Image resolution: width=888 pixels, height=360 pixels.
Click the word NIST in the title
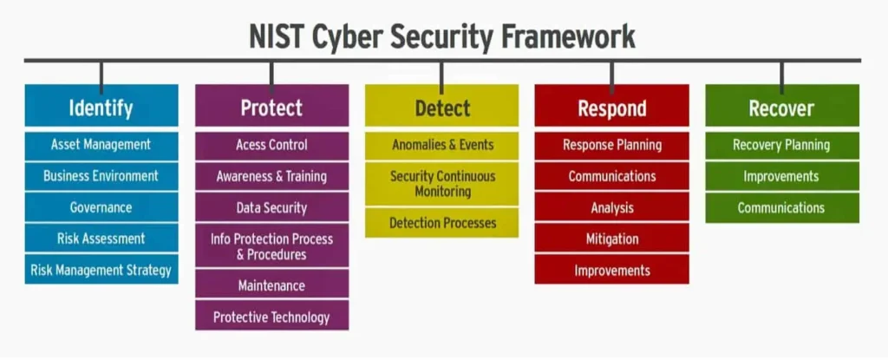[x=273, y=36]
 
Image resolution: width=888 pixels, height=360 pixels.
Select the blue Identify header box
[x=101, y=106]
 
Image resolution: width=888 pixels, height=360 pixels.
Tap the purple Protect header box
[x=271, y=106]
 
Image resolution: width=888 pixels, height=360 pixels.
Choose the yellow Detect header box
[x=441, y=106]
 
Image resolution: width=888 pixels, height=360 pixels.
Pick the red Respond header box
[x=611, y=106]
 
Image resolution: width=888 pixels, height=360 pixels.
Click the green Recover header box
[x=782, y=106]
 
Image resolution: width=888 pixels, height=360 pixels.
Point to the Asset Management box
[x=101, y=145]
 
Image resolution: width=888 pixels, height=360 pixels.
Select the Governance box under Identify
[x=101, y=207]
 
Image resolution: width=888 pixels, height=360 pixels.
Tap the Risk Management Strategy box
[x=101, y=269]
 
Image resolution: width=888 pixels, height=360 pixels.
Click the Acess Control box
[x=271, y=145]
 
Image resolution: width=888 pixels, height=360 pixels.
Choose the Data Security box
[x=271, y=207]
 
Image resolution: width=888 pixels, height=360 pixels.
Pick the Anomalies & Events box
[x=441, y=145]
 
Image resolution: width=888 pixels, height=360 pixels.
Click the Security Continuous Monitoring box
[x=441, y=184]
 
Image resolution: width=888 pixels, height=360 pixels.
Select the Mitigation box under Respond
[x=611, y=238]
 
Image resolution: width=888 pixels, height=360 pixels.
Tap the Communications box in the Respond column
[x=611, y=176]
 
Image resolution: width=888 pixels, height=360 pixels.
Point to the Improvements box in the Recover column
[x=782, y=176]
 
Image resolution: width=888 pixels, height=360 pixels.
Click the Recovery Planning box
[x=782, y=145]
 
